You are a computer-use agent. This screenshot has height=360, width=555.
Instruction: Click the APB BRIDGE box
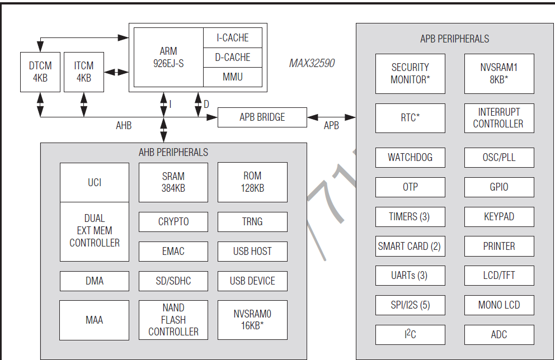(262, 117)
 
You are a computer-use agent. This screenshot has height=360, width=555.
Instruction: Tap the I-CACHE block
(232, 38)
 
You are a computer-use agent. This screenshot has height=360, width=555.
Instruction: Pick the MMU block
(232, 77)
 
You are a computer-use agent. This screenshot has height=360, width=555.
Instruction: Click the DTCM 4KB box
(40, 72)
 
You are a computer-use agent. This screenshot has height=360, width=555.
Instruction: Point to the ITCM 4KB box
(83, 72)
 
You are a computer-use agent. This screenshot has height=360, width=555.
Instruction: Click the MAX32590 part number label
(312, 63)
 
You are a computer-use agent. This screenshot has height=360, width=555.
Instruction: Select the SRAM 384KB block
(173, 182)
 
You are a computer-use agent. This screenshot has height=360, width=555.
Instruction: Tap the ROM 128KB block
(252, 182)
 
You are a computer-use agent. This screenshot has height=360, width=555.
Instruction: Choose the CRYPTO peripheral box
(173, 222)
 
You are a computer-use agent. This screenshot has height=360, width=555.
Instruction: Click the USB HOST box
(252, 252)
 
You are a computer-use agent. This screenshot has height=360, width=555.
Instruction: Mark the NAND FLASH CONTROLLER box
(173, 320)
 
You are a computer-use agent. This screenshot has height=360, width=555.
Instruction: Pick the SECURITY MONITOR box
(410, 73)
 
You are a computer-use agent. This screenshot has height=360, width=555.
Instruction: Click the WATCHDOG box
(410, 158)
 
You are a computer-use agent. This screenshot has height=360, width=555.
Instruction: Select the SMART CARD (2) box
(410, 246)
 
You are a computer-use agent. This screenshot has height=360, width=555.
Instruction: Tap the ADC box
(498, 335)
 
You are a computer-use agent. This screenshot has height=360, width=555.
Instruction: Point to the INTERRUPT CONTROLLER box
(498, 118)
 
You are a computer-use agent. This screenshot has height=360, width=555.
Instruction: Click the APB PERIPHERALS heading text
(454, 39)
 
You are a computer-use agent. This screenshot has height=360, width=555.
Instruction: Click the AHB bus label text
(124, 126)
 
